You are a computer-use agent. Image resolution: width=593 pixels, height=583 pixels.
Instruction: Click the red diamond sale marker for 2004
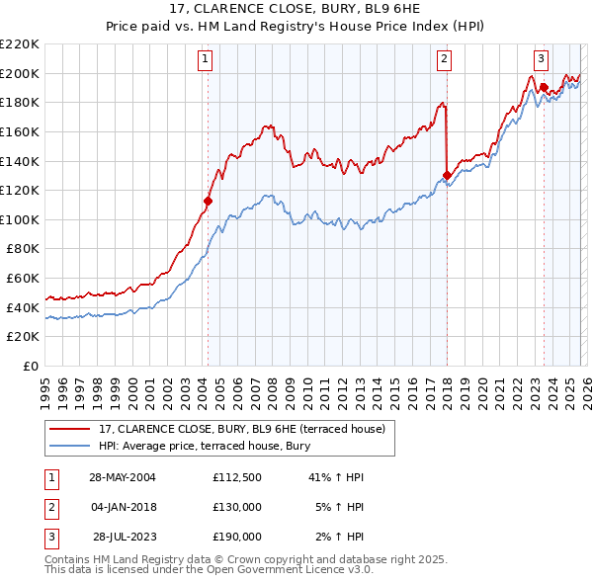pyautogui.click(x=209, y=201)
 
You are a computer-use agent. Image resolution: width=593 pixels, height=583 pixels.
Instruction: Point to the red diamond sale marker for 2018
pyautogui.click(x=447, y=175)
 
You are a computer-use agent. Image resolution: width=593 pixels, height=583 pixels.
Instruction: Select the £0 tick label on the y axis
pyautogui.click(x=32, y=366)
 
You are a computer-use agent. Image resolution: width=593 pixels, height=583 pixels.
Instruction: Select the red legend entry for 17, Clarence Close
pyautogui.click(x=247, y=429)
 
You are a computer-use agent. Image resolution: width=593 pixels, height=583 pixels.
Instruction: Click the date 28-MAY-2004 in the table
pyautogui.click(x=122, y=477)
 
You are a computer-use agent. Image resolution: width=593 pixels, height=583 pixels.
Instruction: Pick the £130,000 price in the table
pyautogui.click(x=237, y=507)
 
